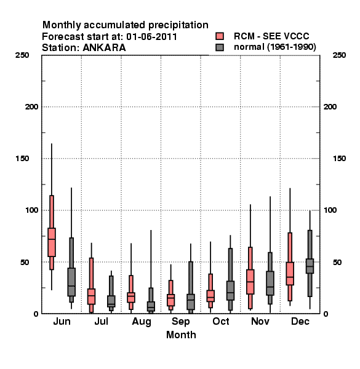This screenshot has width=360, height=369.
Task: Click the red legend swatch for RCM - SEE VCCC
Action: tap(220, 36)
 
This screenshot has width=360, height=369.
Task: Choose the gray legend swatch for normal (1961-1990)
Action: tap(220, 47)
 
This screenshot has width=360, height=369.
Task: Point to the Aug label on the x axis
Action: tap(142, 322)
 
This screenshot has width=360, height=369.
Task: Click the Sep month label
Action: tap(180, 322)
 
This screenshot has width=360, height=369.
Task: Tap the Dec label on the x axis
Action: tap(300, 321)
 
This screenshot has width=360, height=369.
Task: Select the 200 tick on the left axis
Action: tap(31, 107)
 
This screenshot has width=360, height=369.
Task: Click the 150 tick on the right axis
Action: tap(339, 159)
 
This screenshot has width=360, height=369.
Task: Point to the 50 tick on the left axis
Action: tap(25, 262)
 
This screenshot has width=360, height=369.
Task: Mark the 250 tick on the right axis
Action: tap(339, 55)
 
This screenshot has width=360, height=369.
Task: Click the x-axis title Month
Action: tap(181, 335)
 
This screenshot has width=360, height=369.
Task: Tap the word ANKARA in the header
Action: tap(104, 48)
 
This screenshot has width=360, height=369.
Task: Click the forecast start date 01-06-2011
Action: tap(151, 37)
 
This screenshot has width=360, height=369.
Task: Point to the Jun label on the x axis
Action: tap(62, 321)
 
